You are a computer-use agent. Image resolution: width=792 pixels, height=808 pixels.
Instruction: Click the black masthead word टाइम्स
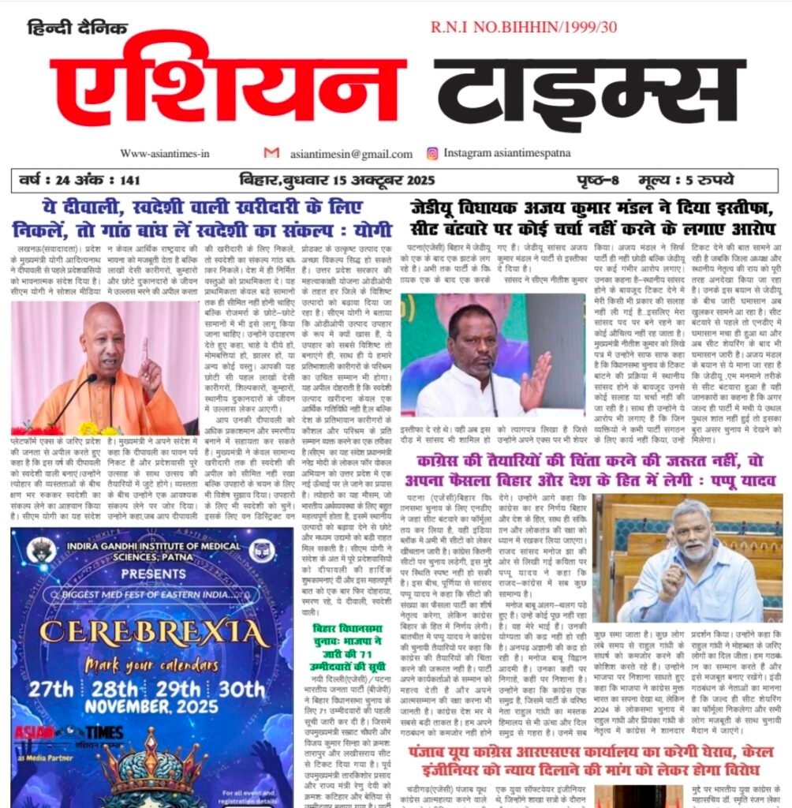click(589, 91)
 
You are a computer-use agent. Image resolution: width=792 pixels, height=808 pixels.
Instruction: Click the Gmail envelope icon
click(271, 153)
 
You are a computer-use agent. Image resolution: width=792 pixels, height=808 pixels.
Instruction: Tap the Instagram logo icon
click(432, 153)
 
